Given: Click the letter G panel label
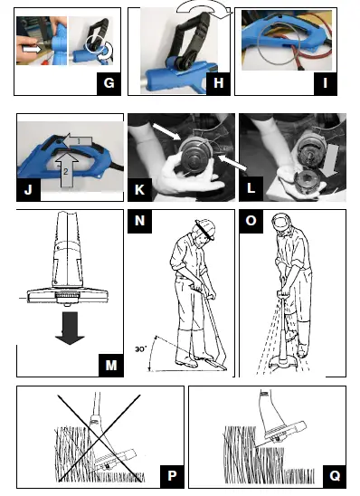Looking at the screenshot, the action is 109,84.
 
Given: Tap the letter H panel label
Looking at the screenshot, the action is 218,84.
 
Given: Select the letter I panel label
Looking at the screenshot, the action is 326,84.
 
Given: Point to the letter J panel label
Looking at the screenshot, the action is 28,189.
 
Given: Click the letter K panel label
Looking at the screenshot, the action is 139,189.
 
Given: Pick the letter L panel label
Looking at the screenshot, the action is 251,189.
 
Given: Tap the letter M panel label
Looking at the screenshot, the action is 111,366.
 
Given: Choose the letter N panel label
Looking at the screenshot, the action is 139,221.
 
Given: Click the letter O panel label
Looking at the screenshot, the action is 251,221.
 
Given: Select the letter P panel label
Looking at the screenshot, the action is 172,476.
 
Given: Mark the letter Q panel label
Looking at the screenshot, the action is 335,476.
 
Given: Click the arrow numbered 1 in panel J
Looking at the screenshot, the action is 78,141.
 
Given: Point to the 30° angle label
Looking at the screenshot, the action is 141,349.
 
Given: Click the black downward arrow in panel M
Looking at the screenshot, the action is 70,329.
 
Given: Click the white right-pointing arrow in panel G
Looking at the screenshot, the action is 33,50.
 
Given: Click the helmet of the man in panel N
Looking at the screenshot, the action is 205,228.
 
